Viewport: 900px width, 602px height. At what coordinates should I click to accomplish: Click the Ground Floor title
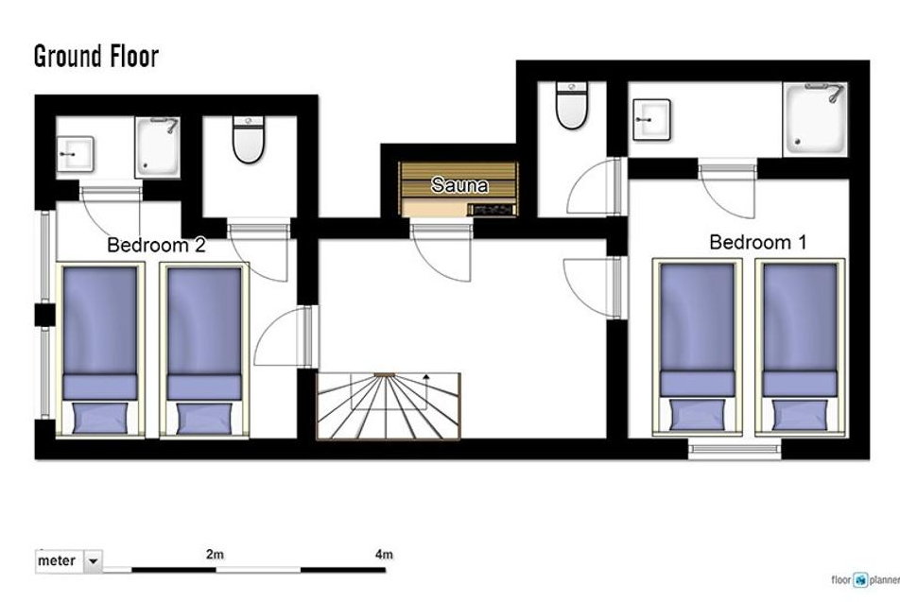[95, 57]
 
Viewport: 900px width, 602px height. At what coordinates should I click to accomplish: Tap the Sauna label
[459, 185]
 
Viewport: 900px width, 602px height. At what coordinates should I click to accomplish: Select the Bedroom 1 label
[757, 242]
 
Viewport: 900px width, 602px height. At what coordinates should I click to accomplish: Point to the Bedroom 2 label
[156, 245]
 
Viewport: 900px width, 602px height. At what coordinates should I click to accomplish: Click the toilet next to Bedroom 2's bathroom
[249, 140]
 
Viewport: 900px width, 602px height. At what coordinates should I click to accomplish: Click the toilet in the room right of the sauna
[572, 105]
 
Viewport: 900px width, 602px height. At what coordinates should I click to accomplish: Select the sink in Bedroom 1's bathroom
[651, 119]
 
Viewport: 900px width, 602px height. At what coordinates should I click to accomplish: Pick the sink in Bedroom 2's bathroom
[75, 154]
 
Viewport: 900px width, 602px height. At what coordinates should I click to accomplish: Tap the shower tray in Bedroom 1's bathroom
[816, 119]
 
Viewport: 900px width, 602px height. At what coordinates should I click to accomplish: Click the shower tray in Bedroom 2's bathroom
[158, 146]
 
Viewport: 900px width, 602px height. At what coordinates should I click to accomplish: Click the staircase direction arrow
[425, 390]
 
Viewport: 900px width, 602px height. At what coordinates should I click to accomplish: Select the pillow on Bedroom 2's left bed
[100, 417]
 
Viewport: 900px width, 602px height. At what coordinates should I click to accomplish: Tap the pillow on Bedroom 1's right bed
[800, 414]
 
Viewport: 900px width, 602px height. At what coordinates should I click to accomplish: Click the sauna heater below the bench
[492, 210]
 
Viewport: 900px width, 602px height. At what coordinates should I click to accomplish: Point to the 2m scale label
[215, 555]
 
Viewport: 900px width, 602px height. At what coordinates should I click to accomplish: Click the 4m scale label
[384, 555]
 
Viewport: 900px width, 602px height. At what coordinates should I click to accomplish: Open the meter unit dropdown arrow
[93, 560]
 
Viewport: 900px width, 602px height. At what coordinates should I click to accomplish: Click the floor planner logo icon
[860, 580]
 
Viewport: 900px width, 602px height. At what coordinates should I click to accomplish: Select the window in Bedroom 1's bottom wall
[735, 449]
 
